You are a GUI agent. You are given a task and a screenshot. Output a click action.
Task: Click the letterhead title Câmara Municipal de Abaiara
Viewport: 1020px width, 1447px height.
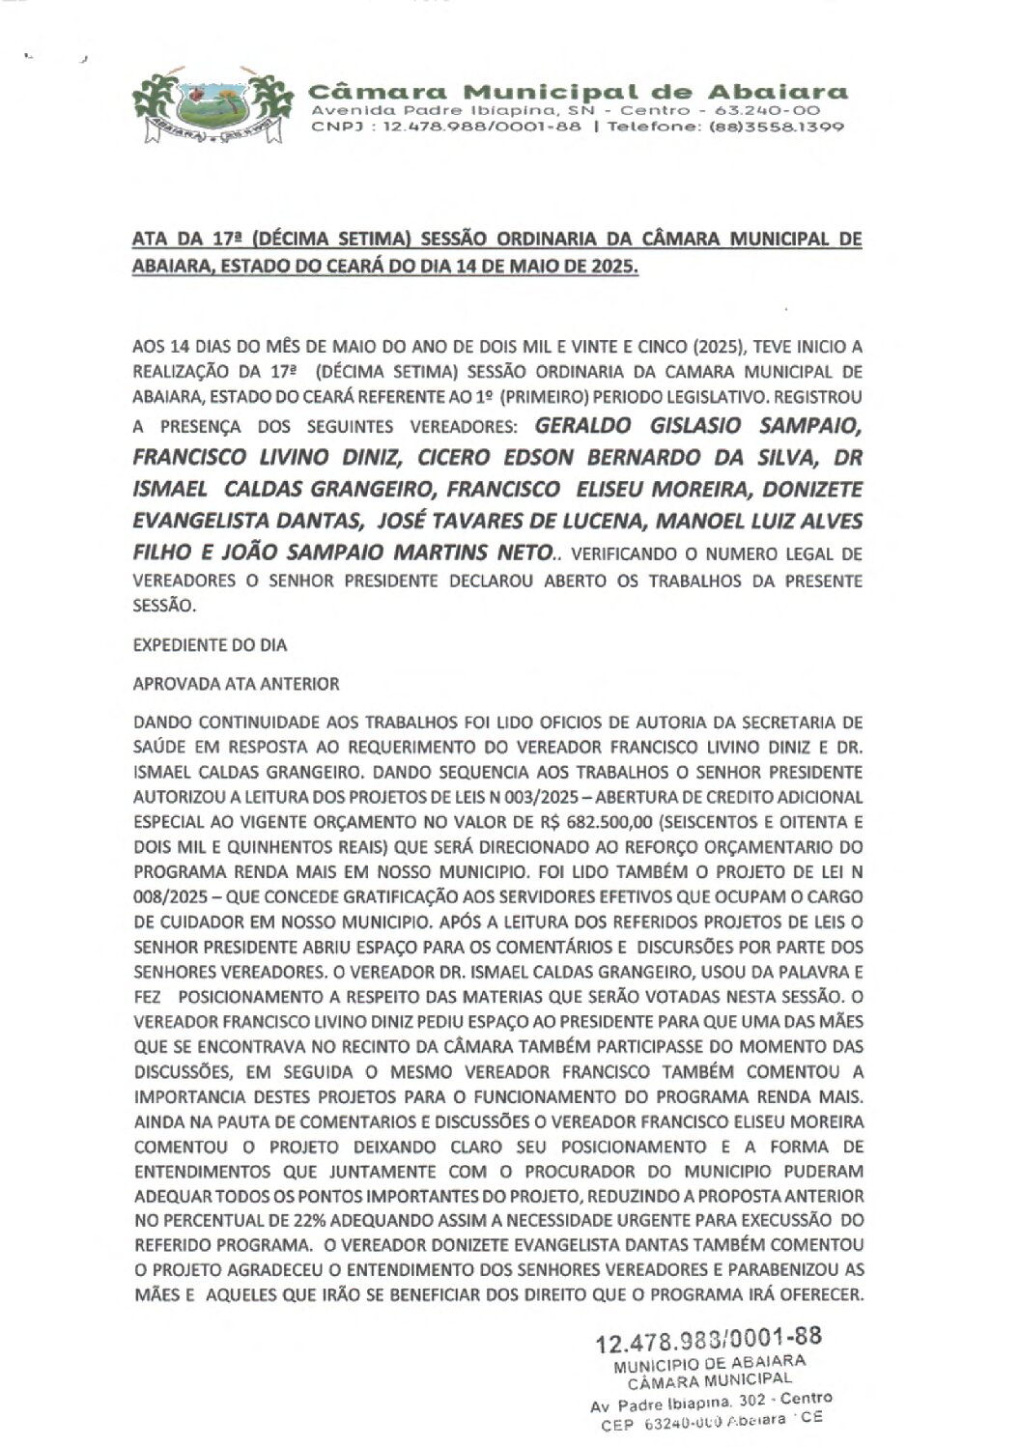click(579, 93)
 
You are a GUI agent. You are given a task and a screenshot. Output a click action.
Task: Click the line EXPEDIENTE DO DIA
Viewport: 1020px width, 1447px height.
click(211, 645)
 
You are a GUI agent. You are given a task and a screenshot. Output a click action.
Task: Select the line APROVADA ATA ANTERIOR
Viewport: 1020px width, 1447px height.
click(237, 684)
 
